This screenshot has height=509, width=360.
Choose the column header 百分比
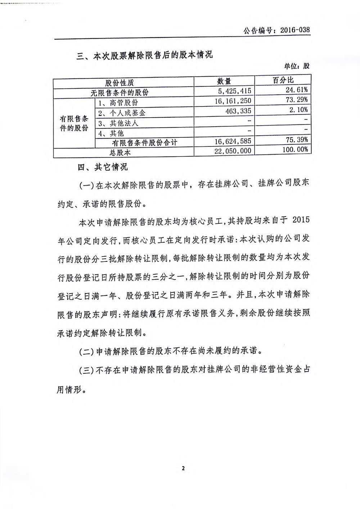[283, 80]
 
